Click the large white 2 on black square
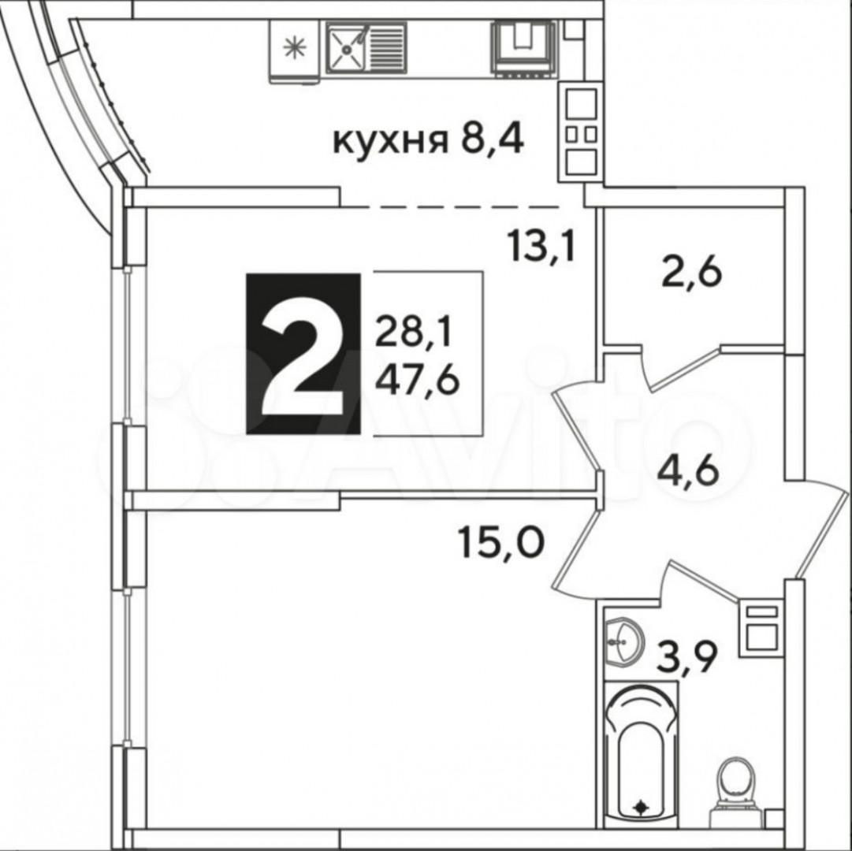click(x=303, y=354)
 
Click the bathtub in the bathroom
click(x=641, y=749)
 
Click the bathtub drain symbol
click(x=641, y=806)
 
